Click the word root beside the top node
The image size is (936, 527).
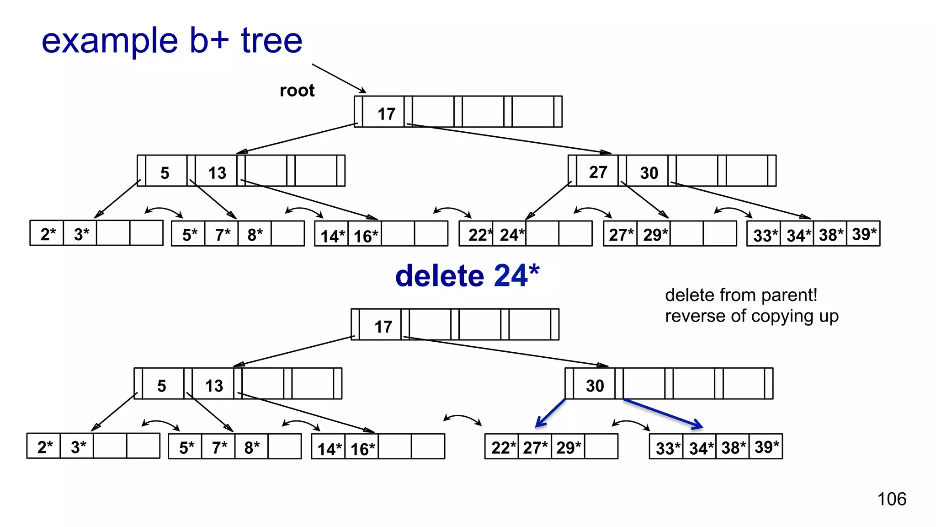[x=297, y=91]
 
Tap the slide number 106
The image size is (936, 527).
[x=892, y=499]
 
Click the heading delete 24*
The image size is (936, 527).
[x=467, y=276]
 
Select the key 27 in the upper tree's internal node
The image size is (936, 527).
[x=598, y=172]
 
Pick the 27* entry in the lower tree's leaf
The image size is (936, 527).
[x=535, y=447]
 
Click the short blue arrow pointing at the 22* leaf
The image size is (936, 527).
[x=550, y=413]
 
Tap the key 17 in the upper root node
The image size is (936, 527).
[x=386, y=114]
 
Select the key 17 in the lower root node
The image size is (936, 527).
[x=383, y=327]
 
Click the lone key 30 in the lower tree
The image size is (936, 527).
[x=595, y=386]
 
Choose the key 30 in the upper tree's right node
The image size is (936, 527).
[x=649, y=173]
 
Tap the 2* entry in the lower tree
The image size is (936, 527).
[x=45, y=447]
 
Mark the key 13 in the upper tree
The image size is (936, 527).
[x=217, y=173]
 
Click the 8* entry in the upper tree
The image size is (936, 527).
[x=255, y=235]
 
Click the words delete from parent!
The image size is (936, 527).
[x=741, y=295]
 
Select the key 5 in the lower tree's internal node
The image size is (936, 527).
[x=161, y=386]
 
